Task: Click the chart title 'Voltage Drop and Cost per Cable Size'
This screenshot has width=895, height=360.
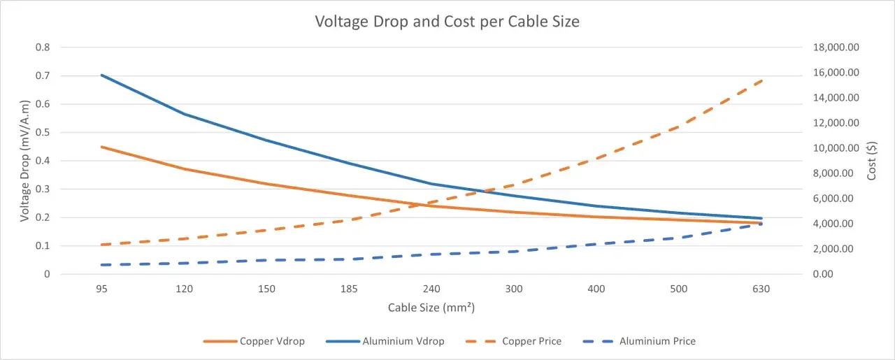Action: point(447,22)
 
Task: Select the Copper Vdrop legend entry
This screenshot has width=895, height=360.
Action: point(254,341)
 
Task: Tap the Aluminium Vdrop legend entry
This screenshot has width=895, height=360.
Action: point(385,341)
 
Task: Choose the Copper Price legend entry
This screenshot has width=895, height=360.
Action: point(514,341)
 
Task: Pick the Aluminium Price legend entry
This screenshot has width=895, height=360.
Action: point(639,341)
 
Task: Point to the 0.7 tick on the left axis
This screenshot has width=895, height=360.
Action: point(43,75)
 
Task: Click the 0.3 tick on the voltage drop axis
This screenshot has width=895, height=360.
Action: point(43,189)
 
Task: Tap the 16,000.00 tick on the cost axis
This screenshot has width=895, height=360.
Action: point(836,72)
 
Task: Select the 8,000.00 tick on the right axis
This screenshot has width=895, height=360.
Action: point(833,173)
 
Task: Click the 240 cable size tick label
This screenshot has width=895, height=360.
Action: point(431,289)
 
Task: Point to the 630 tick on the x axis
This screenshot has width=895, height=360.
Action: point(761,289)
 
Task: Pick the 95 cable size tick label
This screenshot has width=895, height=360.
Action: point(101,289)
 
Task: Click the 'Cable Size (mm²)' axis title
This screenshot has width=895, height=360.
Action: point(431,308)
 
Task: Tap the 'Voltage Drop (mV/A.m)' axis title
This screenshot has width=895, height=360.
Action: point(24,161)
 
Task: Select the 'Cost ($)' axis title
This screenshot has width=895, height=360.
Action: point(871,161)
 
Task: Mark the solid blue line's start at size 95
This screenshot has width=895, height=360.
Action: point(102,75)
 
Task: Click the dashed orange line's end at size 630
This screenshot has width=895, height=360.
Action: point(761,81)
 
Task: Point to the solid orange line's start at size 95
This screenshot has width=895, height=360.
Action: point(102,147)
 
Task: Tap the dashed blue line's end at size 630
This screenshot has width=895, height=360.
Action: point(761,224)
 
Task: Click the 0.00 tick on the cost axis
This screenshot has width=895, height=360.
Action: point(823,274)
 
